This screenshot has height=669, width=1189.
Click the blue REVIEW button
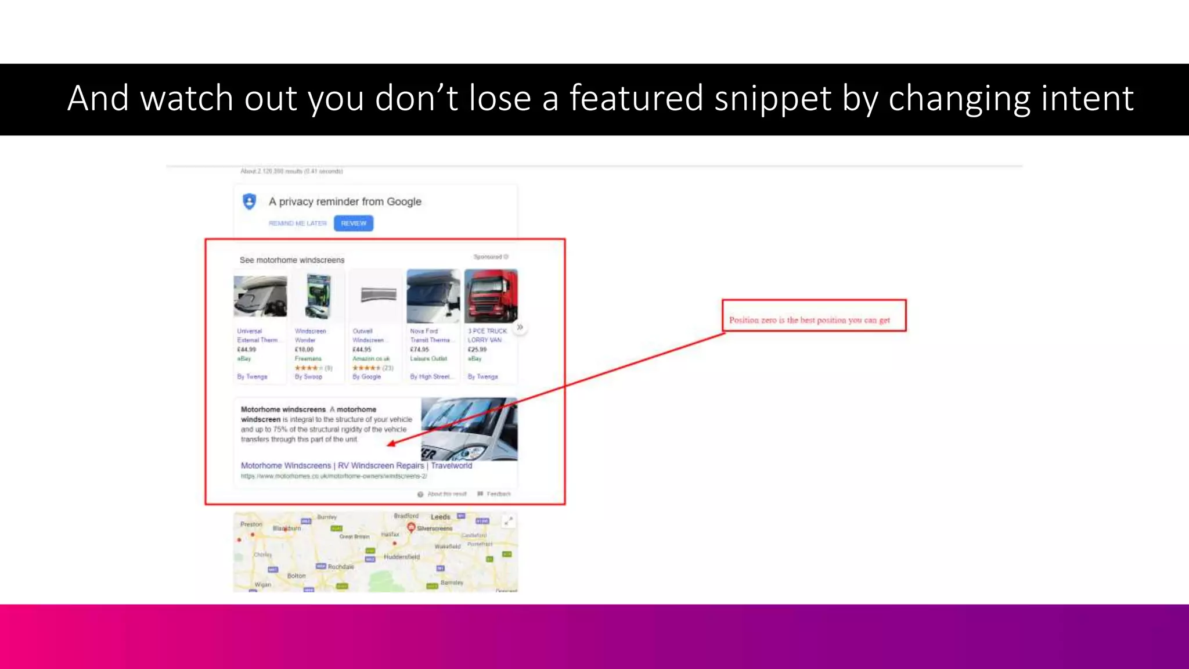pos(354,224)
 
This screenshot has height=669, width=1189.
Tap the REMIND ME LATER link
pos(297,224)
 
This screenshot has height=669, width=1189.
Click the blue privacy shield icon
pos(250,202)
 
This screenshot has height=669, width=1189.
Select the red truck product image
pos(491,296)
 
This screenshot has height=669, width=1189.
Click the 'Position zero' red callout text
pos(809,320)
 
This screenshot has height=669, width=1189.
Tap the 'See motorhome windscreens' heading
pos(292,260)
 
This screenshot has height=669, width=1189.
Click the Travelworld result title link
pos(356,466)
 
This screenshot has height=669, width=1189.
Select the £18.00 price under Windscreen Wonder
pos(304,350)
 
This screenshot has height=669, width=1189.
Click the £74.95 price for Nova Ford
pos(420,350)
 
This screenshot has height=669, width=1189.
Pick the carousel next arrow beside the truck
pos(520,328)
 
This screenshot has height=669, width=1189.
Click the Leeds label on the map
pos(441,517)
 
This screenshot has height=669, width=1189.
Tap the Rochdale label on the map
pos(341,567)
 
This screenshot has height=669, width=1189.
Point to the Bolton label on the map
pos(296,576)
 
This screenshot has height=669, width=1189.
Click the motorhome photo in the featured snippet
pos(469,429)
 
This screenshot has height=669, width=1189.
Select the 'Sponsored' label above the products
pos(488,257)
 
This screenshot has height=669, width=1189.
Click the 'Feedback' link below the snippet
pos(498,494)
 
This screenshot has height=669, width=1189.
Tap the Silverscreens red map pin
pos(411,527)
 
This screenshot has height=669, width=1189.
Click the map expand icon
pos(508,521)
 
